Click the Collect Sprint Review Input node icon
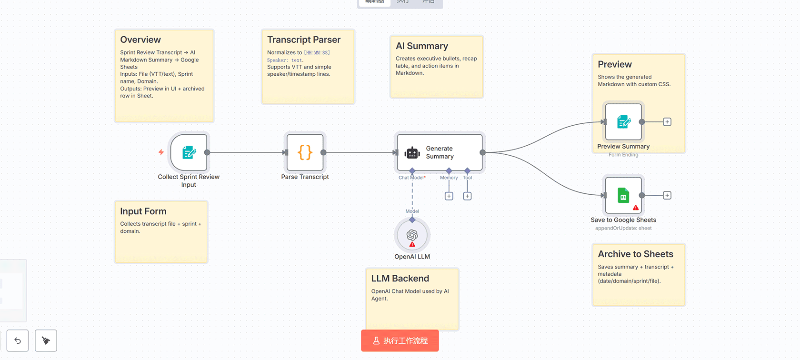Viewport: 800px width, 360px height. point(189,152)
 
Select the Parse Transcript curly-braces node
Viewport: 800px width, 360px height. point(305,152)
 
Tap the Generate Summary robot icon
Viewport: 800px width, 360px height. point(412,153)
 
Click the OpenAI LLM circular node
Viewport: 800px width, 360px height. point(412,235)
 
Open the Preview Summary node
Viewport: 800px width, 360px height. point(623,122)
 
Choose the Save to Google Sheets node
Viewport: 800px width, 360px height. point(623,195)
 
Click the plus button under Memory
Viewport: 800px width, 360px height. point(449,196)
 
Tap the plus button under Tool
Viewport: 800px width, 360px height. point(468,196)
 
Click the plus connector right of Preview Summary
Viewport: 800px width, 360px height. point(667,122)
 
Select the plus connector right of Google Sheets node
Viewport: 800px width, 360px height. point(667,195)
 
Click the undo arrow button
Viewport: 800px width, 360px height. point(18,340)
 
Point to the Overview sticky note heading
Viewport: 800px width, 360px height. point(140,40)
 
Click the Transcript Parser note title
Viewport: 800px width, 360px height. point(304,40)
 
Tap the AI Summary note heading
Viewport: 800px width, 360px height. point(422,46)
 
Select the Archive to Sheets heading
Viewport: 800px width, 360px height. point(636,254)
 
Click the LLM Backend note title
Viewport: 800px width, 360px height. point(400,279)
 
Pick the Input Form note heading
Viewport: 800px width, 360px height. point(143,211)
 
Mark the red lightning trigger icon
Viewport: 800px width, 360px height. point(161,152)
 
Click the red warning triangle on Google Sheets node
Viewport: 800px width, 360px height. point(636,208)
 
